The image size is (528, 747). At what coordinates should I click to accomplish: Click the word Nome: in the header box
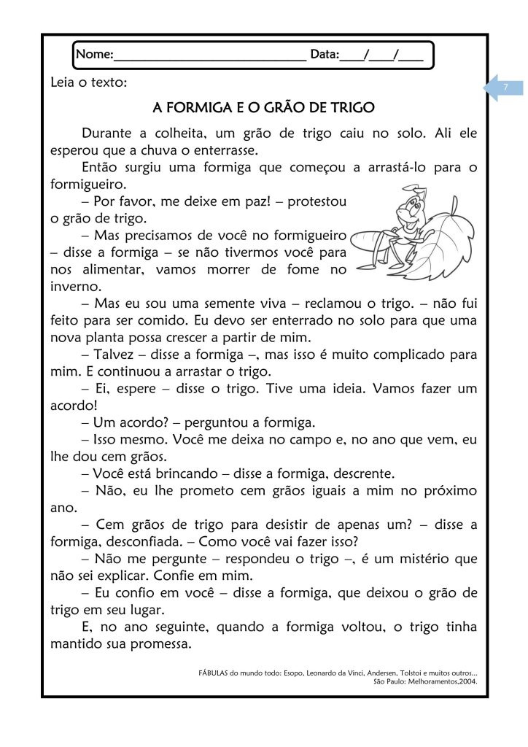pos(95,55)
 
